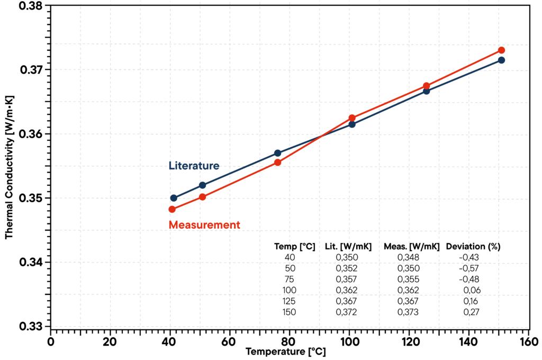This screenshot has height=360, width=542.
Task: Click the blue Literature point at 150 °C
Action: coord(501,60)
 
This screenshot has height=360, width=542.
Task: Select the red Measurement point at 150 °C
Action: coord(501,50)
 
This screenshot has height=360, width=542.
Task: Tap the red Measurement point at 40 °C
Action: coord(172,209)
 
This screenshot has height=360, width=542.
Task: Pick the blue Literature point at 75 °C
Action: coord(278,153)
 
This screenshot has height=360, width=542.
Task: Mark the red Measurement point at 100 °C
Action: coord(352,118)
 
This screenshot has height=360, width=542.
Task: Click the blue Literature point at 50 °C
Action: coord(202,185)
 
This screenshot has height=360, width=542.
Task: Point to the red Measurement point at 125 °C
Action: coord(427,86)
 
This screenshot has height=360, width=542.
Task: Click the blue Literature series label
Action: coord(194,166)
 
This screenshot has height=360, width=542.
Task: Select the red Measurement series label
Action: coord(204,225)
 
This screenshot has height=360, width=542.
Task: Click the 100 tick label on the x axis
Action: coord(349,341)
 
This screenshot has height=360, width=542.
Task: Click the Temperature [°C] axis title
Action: coord(285,352)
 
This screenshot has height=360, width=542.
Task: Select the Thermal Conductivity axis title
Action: coord(9,167)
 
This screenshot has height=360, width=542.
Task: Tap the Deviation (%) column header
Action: coord(473,246)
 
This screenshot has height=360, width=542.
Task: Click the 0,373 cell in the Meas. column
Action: coord(408,312)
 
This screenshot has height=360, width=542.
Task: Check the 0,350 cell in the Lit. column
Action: coord(347,257)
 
